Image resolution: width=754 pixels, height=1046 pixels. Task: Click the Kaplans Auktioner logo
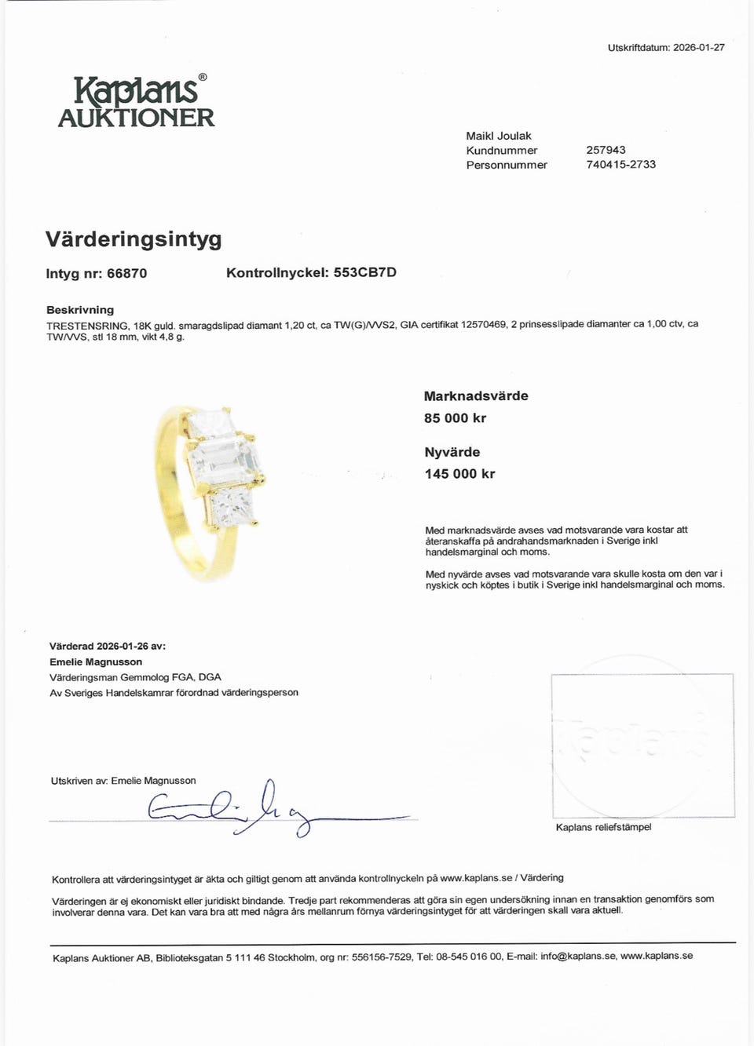(136, 102)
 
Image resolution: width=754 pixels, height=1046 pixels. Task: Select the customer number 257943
(606, 150)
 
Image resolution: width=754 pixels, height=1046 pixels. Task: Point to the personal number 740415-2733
(620, 164)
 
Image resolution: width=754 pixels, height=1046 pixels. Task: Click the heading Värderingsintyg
(134, 239)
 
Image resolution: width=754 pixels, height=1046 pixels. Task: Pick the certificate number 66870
(126, 273)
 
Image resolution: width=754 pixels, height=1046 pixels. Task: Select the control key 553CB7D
(364, 272)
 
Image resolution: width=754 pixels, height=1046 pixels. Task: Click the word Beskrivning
(80, 310)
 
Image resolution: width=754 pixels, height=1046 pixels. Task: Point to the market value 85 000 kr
(455, 418)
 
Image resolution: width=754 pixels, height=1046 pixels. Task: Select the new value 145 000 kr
(459, 474)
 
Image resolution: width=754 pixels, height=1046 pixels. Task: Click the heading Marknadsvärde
(476, 396)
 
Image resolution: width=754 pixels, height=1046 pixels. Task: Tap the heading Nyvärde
(452, 452)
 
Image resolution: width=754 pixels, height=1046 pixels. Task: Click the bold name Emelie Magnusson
(96, 661)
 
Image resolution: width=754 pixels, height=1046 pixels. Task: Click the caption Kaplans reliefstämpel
(603, 827)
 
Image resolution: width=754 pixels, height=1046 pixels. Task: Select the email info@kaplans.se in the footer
(577, 957)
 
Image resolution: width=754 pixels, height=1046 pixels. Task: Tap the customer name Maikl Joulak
(499, 136)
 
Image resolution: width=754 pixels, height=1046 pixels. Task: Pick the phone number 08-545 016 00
(468, 957)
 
